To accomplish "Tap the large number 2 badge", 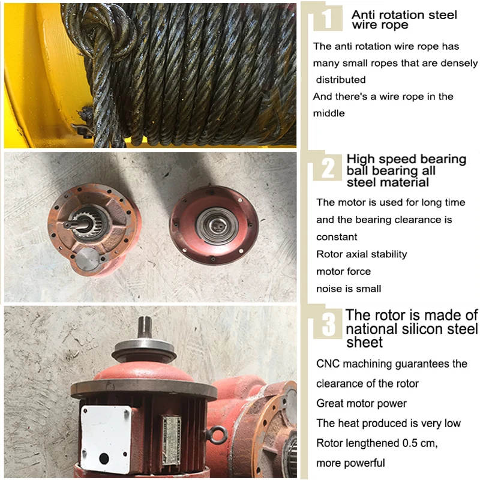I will (x=328, y=168).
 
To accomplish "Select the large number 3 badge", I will (x=328, y=325).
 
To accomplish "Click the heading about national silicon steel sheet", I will (x=412, y=328).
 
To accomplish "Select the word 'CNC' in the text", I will (x=328, y=364).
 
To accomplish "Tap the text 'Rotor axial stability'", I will (x=361, y=254).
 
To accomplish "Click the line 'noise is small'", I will (x=349, y=289).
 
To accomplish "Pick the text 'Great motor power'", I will (x=361, y=403).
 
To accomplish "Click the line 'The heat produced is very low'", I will (x=388, y=423).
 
